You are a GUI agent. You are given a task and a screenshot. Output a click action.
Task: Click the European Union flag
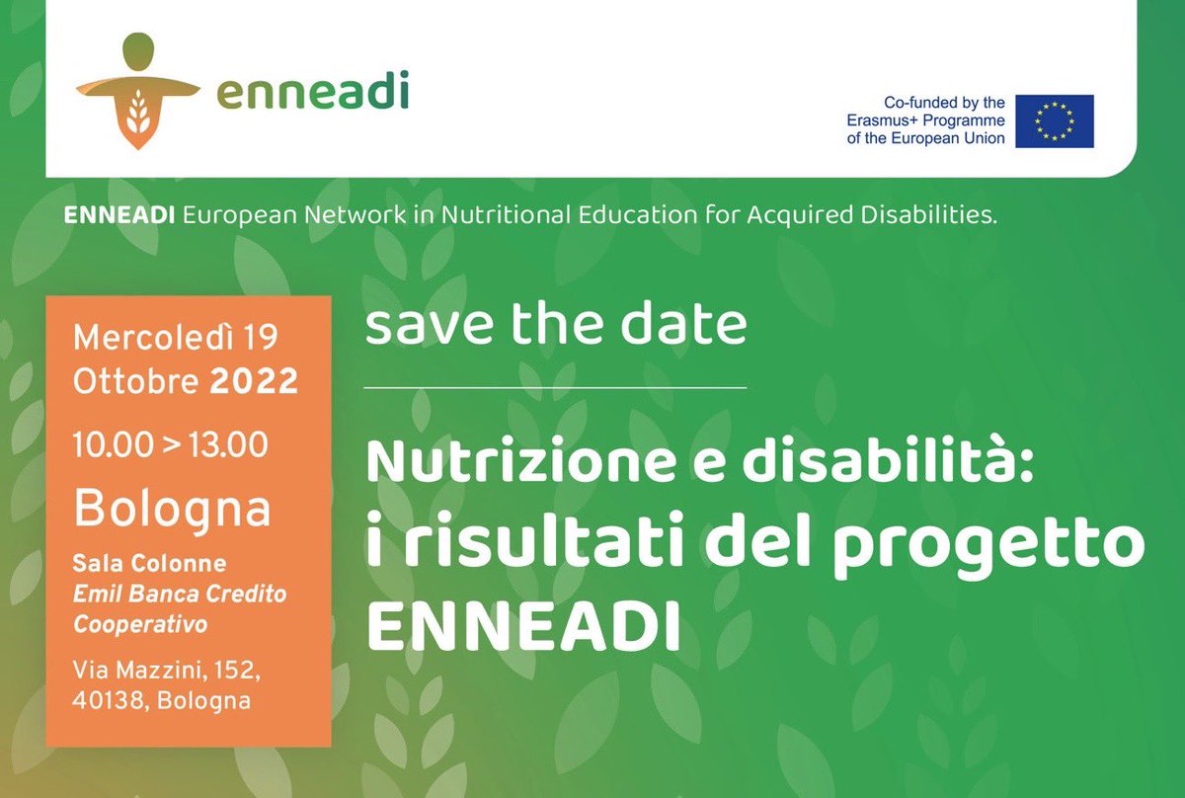click(1055, 120)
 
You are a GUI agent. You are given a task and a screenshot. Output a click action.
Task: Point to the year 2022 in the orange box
click(254, 380)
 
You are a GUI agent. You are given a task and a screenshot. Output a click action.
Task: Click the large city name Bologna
click(173, 508)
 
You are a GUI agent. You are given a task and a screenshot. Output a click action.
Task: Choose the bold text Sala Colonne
click(150, 564)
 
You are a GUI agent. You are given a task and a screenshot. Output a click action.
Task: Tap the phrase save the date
click(555, 326)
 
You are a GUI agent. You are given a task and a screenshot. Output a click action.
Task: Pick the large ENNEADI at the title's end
click(523, 628)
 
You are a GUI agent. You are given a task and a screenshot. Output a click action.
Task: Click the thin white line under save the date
click(555, 388)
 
